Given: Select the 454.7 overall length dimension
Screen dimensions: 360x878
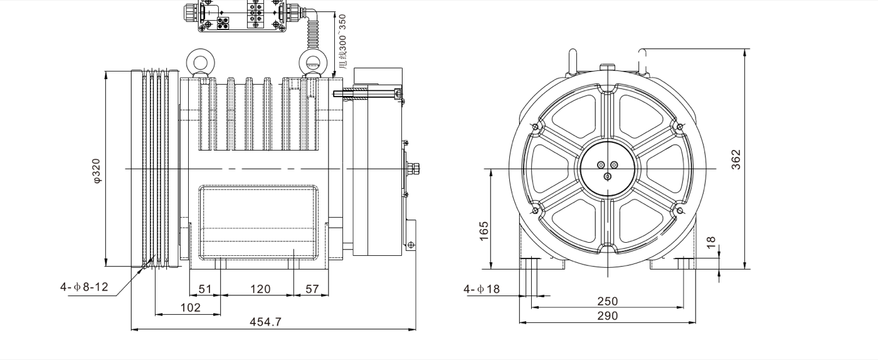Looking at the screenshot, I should tap(266, 322).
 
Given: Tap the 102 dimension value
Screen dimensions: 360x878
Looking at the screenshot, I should tap(190, 307).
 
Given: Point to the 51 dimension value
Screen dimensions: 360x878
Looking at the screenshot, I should tap(205, 289).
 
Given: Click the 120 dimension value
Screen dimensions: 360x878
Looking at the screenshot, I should tap(260, 289).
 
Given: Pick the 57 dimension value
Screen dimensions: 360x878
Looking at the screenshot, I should tap(312, 289).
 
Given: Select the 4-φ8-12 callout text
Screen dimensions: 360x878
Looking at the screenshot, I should tap(84, 287).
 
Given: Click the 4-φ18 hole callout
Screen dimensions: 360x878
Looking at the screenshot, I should tap(482, 289).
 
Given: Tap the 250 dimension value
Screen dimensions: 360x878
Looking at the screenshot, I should tap(607, 302).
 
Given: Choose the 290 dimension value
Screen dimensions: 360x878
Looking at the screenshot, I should tap(607, 316).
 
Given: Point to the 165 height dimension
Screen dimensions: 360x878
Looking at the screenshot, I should tap(484, 230).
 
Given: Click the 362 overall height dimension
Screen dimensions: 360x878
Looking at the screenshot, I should tap(736, 159).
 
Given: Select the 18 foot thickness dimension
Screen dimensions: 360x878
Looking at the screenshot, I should tap(711, 243).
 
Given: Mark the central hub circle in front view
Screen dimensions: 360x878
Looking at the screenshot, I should tap(607, 169).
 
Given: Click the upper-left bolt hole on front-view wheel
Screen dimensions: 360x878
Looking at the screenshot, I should tap(534, 127).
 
